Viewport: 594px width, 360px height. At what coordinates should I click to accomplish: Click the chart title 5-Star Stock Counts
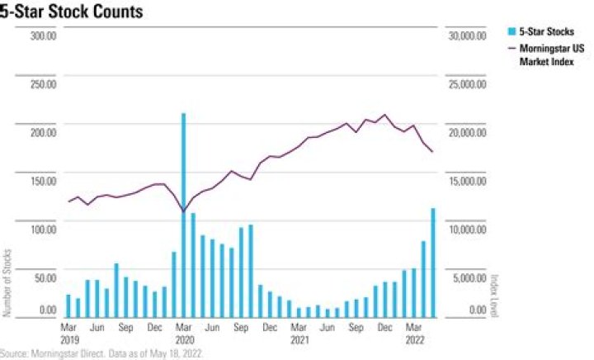(x=72, y=12)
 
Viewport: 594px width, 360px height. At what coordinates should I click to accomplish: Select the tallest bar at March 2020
(x=184, y=215)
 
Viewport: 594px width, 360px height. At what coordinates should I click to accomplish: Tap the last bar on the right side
(x=433, y=263)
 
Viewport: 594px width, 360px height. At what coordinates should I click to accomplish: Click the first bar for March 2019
(x=68, y=306)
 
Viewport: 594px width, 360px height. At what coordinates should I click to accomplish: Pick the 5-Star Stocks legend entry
(x=541, y=31)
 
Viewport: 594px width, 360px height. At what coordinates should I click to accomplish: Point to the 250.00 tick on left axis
(x=44, y=83)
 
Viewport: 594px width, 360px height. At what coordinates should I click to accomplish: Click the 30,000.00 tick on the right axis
(x=468, y=36)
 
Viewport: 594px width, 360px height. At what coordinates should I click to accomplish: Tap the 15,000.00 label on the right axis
(x=468, y=181)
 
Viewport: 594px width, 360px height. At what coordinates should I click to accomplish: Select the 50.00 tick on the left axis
(x=45, y=277)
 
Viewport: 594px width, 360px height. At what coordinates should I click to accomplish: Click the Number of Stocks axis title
(x=7, y=282)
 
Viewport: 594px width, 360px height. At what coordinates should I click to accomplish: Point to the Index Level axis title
(x=495, y=296)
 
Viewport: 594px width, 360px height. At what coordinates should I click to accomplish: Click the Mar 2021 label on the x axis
(x=299, y=334)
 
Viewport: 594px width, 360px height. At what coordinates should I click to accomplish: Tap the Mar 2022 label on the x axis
(x=414, y=334)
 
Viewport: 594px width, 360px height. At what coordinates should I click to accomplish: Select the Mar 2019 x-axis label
(x=69, y=334)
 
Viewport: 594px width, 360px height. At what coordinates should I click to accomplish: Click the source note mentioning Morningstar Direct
(x=101, y=353)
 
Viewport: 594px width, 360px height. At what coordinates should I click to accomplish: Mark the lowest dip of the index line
(x=184, y=211)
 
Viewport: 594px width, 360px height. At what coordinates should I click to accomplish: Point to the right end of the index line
(x=432, y=152)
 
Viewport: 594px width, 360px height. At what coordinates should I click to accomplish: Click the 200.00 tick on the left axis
(x=44, y=132)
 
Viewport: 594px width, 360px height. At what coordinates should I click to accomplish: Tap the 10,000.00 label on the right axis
(x=468, y=230)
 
